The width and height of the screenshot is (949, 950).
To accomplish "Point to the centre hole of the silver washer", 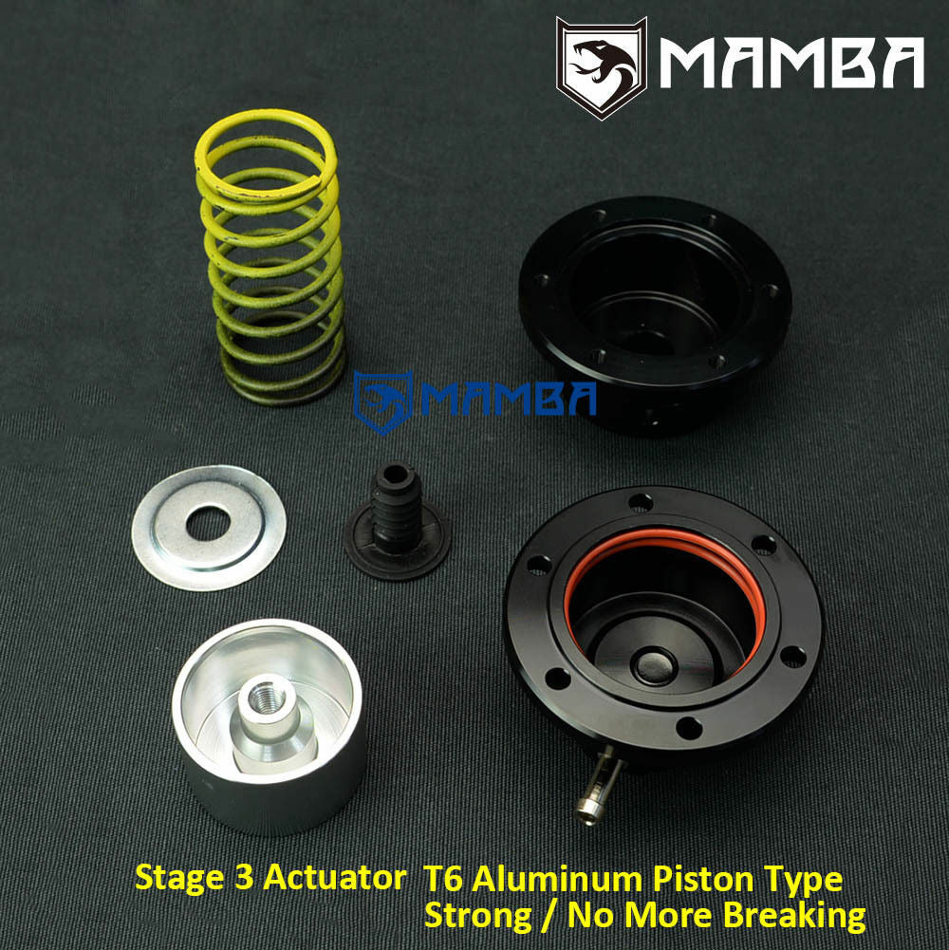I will tap(207, 525).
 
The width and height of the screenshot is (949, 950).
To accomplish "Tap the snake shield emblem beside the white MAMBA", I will tap(601, 66).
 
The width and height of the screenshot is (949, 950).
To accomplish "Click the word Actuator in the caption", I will tap(333, 878).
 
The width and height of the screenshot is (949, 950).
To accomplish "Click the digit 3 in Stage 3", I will tap(242, 878).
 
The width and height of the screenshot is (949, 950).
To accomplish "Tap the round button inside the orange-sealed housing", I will tap(655, 664).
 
